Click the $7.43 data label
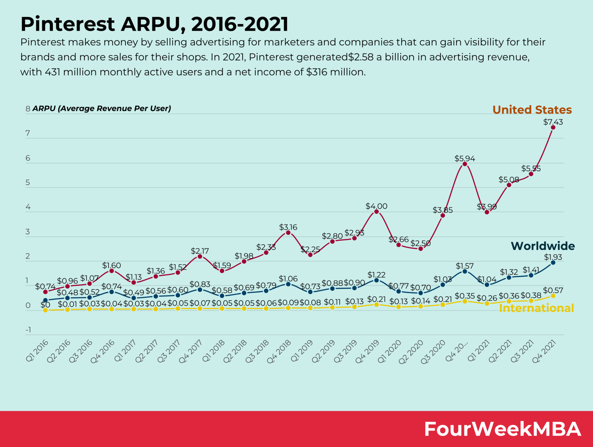coord(553,122)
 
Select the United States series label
coord(532,110)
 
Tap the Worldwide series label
coord(543,246)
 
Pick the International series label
coord(536,308)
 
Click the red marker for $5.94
coord(465,164)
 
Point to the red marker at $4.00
coord(376,211)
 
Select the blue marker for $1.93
coord(553,263)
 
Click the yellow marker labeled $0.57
coord(553,296)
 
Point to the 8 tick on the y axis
coord(28,109)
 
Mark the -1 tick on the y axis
coord(28,330)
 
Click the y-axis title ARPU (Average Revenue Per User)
coord(102,108)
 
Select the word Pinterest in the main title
coord(68,24)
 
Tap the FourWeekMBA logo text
coord(503,429)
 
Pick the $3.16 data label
coord(288,227)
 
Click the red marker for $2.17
coord(200,257)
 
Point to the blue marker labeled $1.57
coord(465,271)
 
